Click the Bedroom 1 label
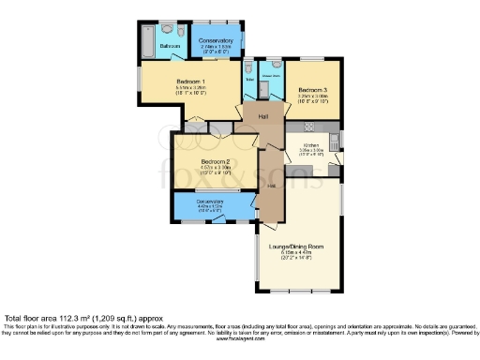click(x=190, y=82)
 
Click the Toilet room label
click(x=248, y=80)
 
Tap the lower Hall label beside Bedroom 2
click(x=271, y=186)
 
